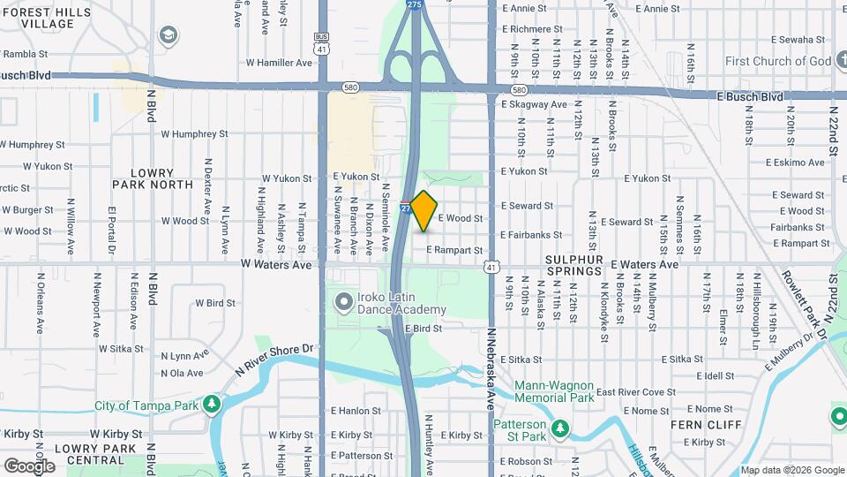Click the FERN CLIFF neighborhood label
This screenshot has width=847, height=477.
tap(697, 425)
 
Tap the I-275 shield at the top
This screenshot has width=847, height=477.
tap(415, 5)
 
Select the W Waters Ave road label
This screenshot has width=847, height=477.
tap(276, 264)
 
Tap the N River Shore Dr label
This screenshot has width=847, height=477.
tap(274, 360)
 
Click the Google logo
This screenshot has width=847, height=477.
tap(29, 466)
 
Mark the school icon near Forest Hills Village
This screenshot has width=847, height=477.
tap(167, 35)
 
